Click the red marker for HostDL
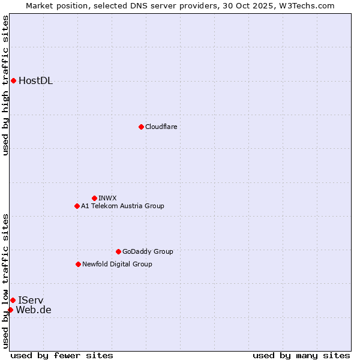13,80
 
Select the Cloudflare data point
141,127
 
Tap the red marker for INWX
94,198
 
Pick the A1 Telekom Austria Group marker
77,206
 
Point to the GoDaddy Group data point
118,251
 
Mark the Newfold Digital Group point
78,264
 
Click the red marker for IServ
13,300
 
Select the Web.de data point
10,310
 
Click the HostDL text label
35,81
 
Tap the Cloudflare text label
161,127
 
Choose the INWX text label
107,198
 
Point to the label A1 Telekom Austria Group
122,206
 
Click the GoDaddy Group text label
148,251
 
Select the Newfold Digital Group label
117,264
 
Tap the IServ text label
31,300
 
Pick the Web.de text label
34,310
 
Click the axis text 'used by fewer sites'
62,355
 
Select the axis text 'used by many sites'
301,355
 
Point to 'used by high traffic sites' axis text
6,85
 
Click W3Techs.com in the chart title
305,5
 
